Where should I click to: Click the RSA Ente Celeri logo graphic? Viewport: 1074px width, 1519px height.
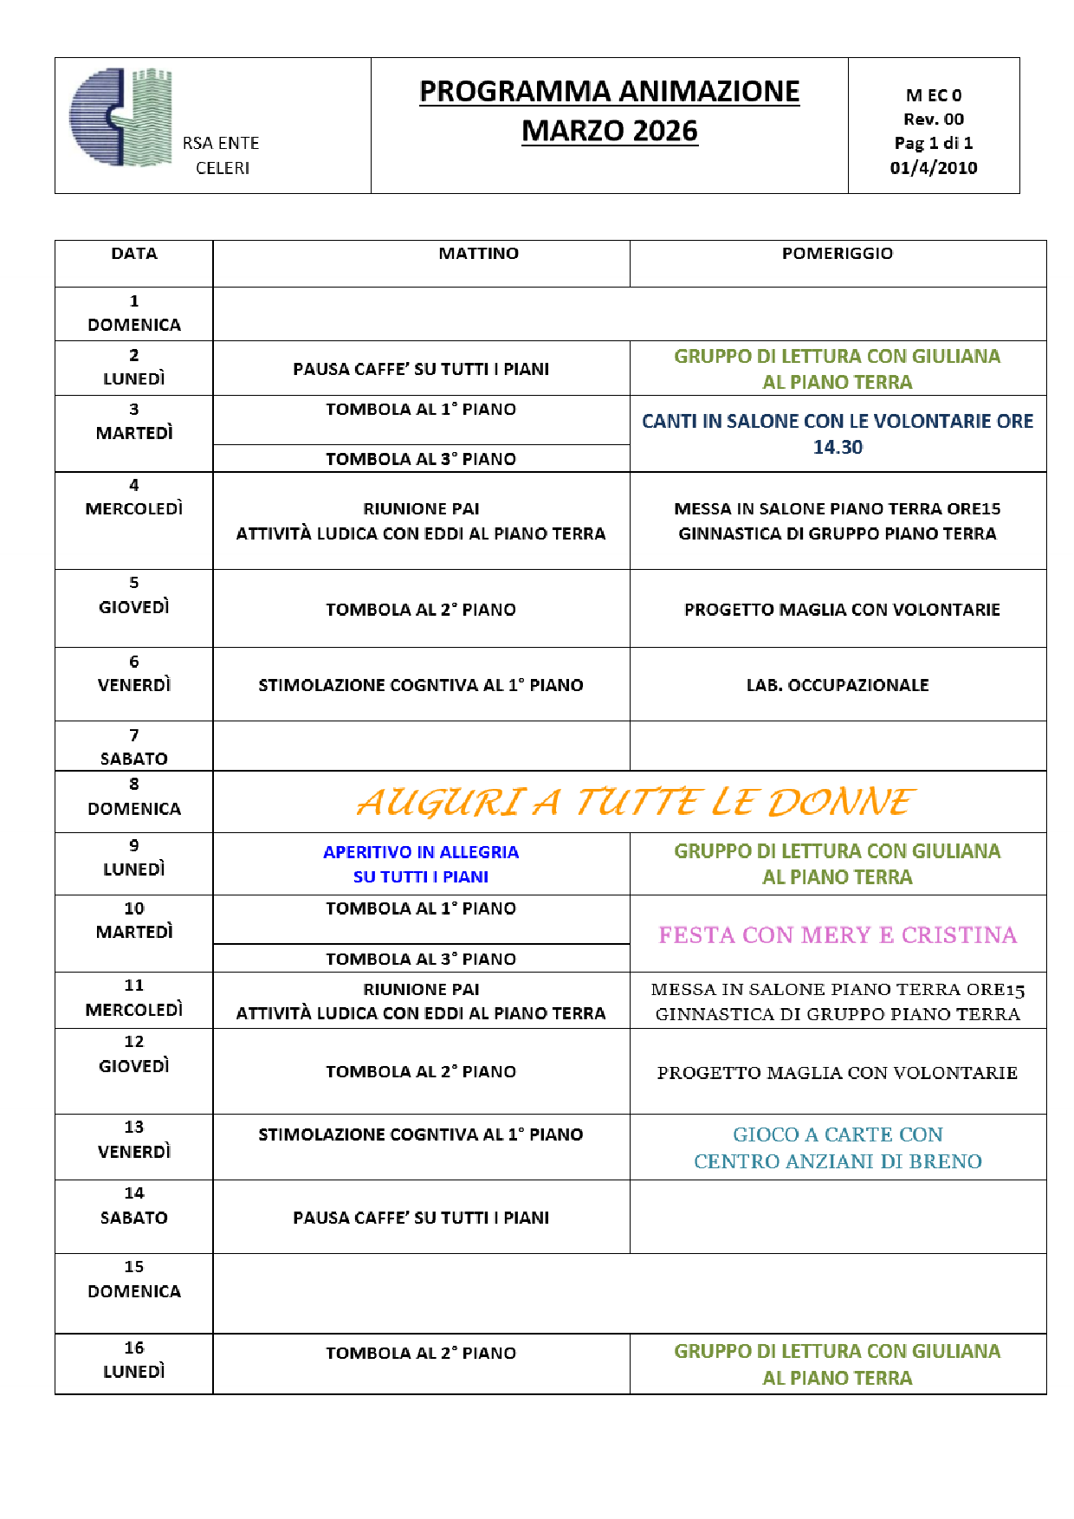pyautogui.click(x=121, y=117)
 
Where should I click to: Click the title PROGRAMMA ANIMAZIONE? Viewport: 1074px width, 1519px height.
pyautogui.click(x=609, y=92)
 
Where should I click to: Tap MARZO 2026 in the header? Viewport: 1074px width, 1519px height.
pyautogui.click(x=609, y=131)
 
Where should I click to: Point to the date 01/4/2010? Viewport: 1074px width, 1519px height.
pyautogui.click(x=933, y=168)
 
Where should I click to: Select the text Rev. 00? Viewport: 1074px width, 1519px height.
pyautogui.click(x=933, y=120)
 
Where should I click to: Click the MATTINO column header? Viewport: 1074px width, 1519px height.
pyautogui.click(x=478, y=254)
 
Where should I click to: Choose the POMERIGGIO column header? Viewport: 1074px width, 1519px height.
pyautogui.click(x=837, y=254)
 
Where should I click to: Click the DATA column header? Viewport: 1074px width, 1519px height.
pyautogui.click(x=134, y=254)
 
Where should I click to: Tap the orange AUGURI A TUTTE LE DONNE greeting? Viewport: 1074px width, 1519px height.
pyautogui.click(x=635, y=802)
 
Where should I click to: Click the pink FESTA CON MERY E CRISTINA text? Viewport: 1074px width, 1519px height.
pyautogui.click(x=837, y=935)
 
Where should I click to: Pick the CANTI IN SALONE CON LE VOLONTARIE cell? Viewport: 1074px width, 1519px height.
pyautogui.click(x=837, y=434)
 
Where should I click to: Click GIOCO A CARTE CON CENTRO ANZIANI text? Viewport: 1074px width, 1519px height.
pyautogui.click(x=837, y=1147)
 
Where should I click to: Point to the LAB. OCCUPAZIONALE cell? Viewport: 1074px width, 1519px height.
pyautogui.click(x=837, y=685)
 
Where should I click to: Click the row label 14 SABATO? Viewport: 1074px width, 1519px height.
pyautogui.click(x=134, y=1206)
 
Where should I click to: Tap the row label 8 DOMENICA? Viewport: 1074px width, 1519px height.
pyautogui.click(x=134, y=797)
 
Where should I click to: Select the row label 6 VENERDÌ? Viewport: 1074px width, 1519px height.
pyautogui.click(x=134, y=674)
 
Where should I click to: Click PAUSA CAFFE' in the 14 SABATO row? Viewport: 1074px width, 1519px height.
pyautogui.click(x=421, y=1218)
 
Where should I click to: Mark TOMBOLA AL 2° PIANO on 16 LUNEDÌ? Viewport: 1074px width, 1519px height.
pyautogui.click(x=421, y=1353)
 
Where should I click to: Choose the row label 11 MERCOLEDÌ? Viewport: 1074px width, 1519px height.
pyautogui.click(x=134, y=998)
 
